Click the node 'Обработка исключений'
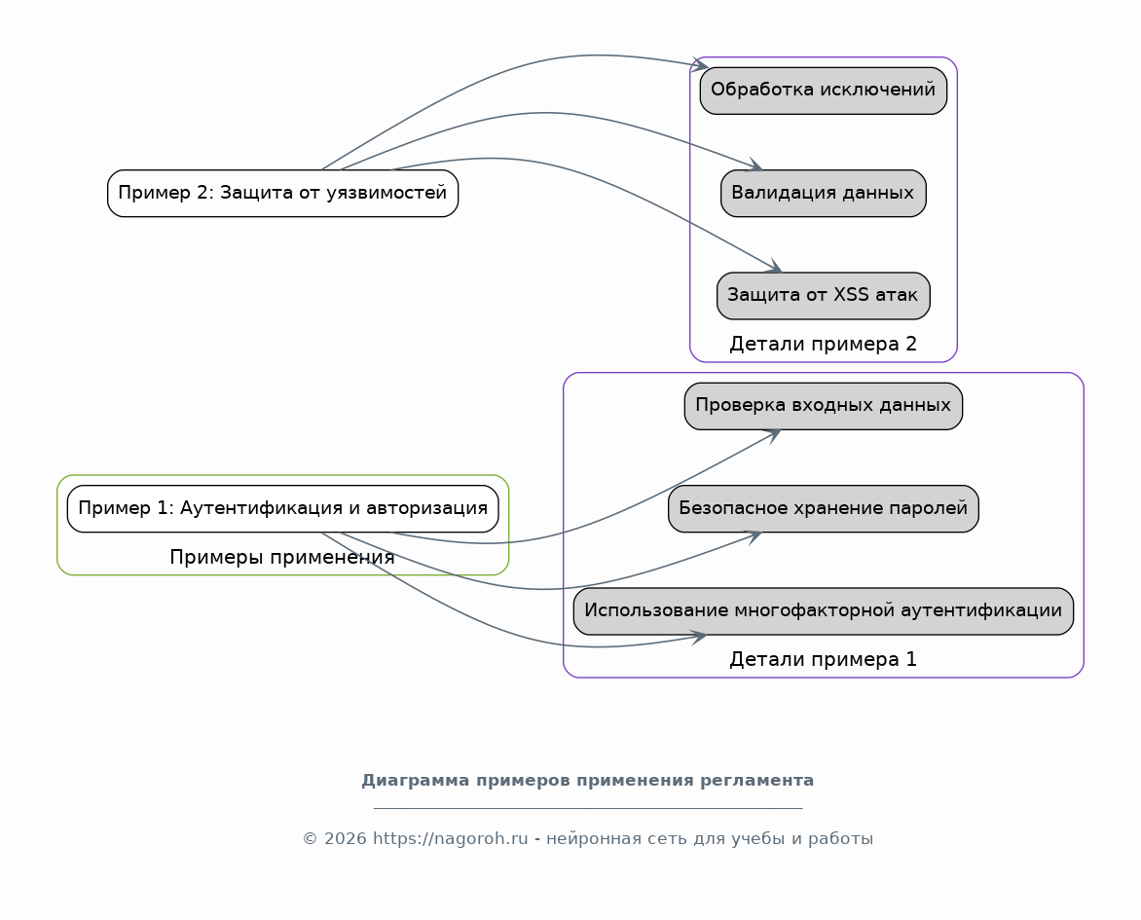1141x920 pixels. (823, 91)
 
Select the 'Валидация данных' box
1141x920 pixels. (823, 194)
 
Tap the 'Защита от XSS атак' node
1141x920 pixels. (823, 296)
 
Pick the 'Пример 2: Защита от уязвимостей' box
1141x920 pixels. (283, 194)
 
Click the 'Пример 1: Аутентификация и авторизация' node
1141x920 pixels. (283, 509)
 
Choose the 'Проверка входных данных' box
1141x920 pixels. (823, 406)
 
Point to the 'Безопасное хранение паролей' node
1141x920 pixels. (823, 509)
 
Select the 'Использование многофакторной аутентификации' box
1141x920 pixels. (823, 611)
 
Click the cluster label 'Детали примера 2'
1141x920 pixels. (823, 345)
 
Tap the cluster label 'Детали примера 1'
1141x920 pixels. (823, 659)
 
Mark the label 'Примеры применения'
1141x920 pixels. (282, 558)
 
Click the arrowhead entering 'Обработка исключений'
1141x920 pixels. (700, 65)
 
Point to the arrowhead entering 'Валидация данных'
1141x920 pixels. (755, 166)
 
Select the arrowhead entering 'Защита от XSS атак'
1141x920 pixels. (774, 267)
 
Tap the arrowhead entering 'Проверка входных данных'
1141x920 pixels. (774, 435)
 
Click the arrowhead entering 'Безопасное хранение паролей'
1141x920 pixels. (755, 537)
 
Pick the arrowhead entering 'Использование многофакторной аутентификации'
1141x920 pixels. (700, 638)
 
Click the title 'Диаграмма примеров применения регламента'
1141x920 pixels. (588, 781)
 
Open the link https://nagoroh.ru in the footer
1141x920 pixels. (451, 839)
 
